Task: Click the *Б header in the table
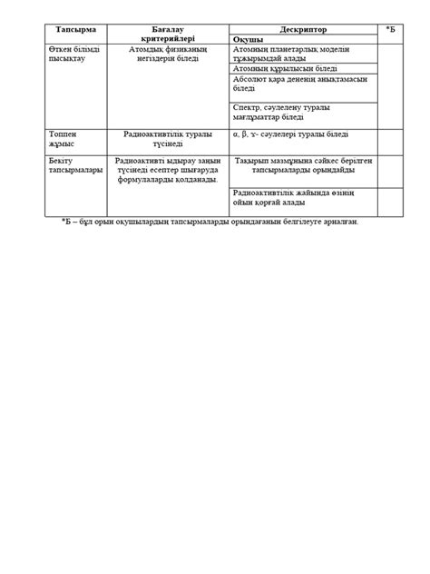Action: tap(389, 30)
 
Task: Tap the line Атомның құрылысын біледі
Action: tap(285, 68)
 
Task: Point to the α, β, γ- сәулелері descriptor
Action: tap(286, 134)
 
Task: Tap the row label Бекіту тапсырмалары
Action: tap(71, 166)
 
